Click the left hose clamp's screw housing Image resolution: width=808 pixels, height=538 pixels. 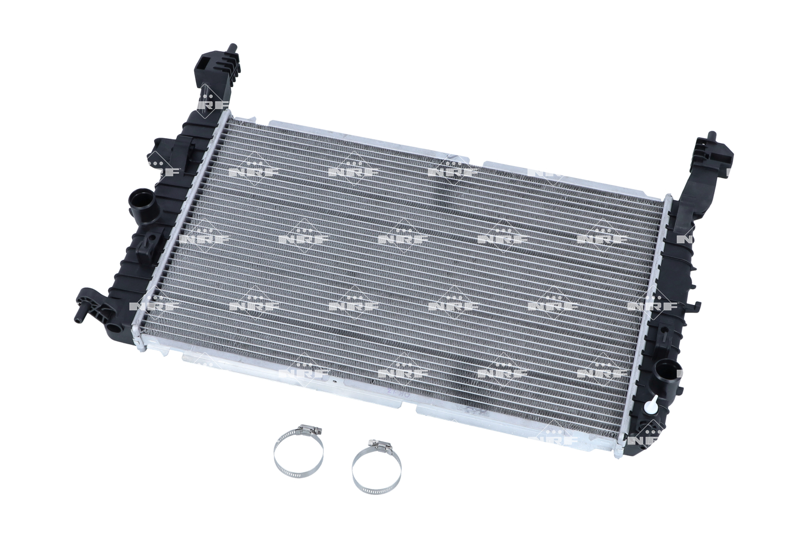(309, 429)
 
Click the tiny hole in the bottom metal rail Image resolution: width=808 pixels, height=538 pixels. (335, 383)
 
